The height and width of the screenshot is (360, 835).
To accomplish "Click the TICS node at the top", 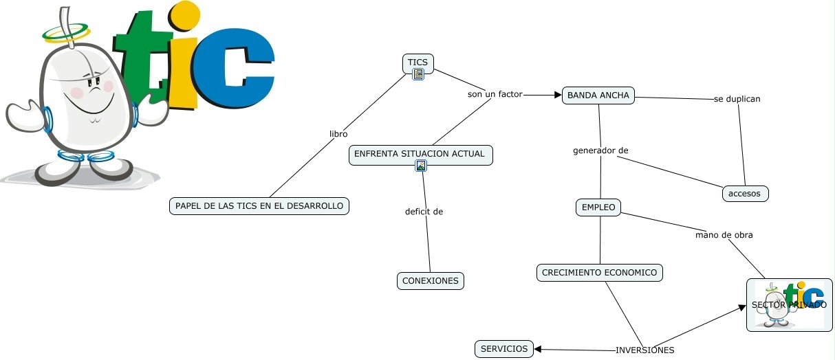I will [x=417, y=63].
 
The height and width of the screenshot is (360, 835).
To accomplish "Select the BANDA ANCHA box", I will [x=598, y=95].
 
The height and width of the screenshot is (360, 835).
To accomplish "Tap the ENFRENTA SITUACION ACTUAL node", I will [x=420, y=154].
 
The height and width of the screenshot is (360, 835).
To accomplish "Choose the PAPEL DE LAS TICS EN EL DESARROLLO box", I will [x=259, y=206].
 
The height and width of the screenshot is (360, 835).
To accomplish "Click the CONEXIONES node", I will [x=431, y=281].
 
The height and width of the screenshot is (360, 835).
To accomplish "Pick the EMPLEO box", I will [x=598, y=207].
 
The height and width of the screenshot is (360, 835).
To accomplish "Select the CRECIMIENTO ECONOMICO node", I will [x=599, y=273].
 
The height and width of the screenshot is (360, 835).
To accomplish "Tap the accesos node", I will [x=745, y=194].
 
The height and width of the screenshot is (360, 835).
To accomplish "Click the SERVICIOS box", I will [x=504, y=349].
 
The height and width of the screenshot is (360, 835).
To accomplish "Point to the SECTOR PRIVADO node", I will [x=789, y=305].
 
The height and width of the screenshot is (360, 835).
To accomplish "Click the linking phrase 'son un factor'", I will [x=495, y=94].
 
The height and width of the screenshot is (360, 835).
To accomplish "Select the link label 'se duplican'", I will [x=737, y=99].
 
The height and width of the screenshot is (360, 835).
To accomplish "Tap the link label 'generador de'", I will [x=600, y=150].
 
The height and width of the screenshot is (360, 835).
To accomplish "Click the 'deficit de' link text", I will [x=424, y=212].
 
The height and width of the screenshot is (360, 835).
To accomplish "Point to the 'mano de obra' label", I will [x=724, y=235].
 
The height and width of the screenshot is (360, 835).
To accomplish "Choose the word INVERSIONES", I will [x=644, y=350].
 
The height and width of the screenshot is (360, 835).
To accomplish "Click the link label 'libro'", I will [x=338, y=134].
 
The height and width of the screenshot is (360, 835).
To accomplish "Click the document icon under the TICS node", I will [x=418, y=74].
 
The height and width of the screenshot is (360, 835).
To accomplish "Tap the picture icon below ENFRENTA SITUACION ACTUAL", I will [x=421, y=166].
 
